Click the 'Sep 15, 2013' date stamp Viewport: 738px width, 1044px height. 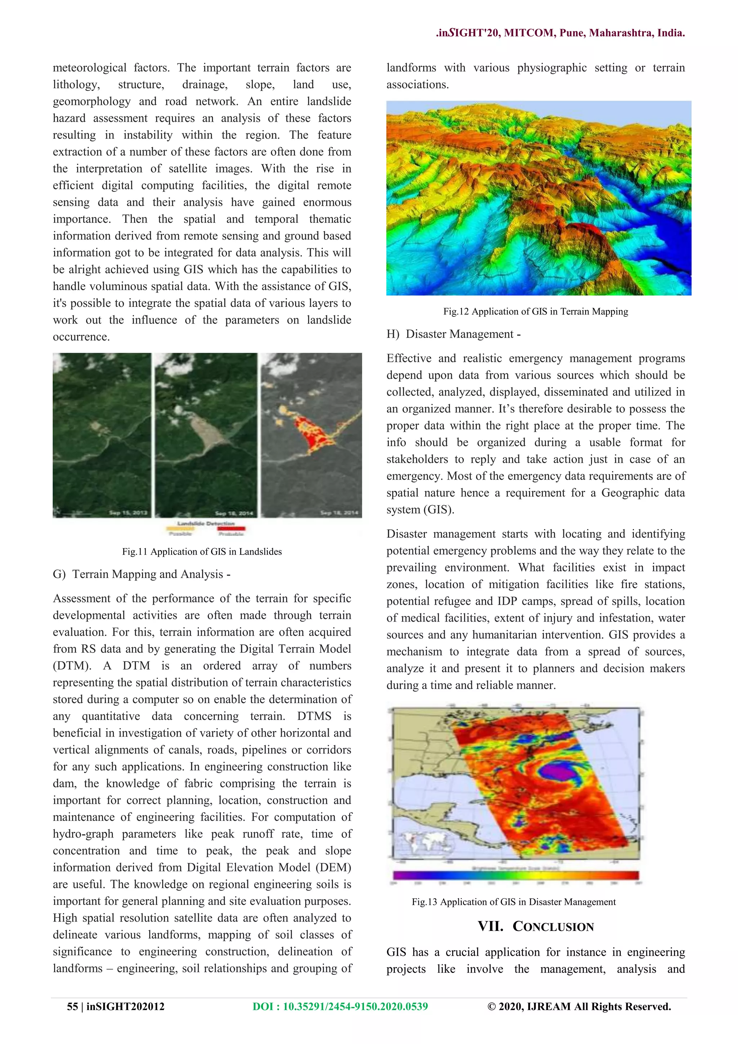pyautogui.click(x=128, y=513)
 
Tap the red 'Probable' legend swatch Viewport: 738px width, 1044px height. pyautogui.click(x=231, y=529)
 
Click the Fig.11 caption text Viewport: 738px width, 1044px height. pyautogui.click(x=202, y=552)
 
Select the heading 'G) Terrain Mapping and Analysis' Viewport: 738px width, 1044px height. pyautogui.click(x=141, y=574)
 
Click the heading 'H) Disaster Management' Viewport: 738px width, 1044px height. pyautogui.click(x=453, y=334)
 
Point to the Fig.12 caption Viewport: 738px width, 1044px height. pyautogui.click(x=535, y=311)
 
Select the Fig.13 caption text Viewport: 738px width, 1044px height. pyautogui.click(x=514, y=902)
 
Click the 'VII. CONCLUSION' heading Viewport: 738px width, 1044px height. pyautogui.click(x=535, y=927)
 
